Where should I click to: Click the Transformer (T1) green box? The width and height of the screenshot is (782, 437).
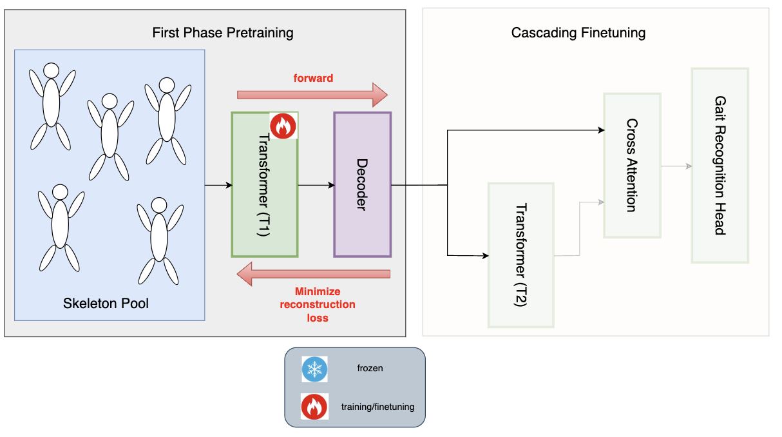pos(264,187)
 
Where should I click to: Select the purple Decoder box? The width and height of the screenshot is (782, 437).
pos(362,184)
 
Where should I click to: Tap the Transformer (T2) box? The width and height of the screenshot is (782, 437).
pos(521,255)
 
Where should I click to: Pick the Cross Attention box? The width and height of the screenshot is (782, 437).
pos(632,166)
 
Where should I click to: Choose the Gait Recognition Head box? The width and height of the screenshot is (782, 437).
pos(720,166)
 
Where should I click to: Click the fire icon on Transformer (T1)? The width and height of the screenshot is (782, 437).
pos(281,126)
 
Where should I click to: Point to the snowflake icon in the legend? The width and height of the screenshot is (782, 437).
pos(314,369)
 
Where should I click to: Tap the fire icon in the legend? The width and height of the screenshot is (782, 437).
pos(314,407)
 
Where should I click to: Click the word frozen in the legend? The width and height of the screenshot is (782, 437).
pos(370,369)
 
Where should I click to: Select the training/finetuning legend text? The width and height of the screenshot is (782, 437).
pos(377,407)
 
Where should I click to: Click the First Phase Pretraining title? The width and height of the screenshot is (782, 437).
pos(223,33)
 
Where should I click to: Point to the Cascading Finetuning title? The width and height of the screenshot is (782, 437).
pos(578,33)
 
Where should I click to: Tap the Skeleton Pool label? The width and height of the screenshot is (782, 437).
pos(106,303)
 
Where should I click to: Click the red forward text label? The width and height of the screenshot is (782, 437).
pos(313,78)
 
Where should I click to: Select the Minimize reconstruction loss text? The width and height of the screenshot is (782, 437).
pos(317,304)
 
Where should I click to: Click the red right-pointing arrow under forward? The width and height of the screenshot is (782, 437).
pos(312,95)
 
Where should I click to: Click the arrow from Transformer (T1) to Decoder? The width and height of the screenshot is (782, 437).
pos(316,186)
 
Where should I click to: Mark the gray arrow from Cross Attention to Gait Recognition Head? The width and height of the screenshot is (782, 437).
pos(676,166)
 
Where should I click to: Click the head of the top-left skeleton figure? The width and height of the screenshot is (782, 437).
pos(50,70)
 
